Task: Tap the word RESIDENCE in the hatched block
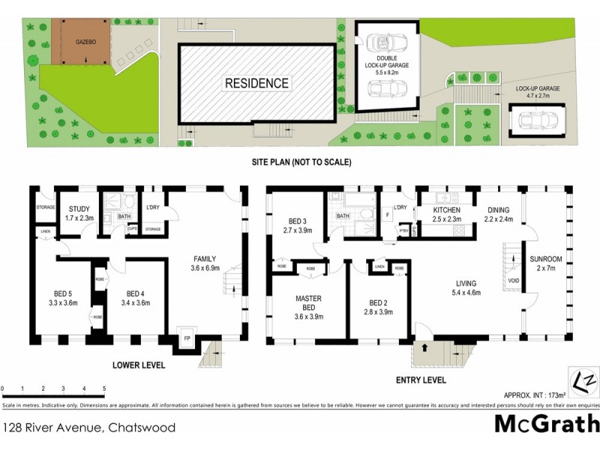[256, 83]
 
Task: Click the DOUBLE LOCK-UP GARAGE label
[382, 65]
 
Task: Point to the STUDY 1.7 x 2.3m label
[80, 214]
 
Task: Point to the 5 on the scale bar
[103, 388]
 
